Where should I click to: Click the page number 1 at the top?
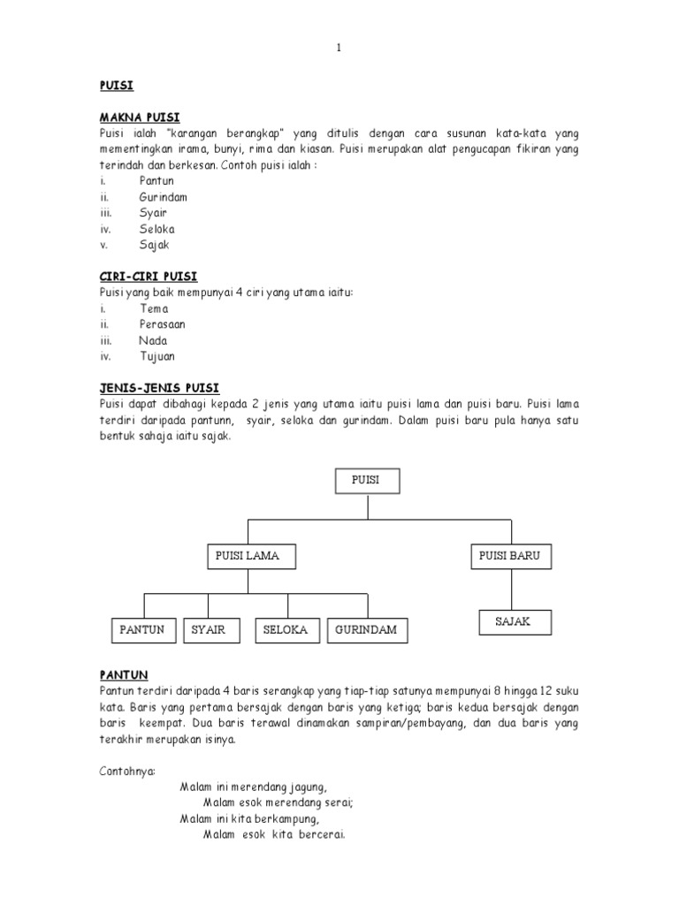point(338,48)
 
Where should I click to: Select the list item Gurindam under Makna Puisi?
point(163,197)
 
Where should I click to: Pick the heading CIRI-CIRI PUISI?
point(148,277)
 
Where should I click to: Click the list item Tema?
point(154,308)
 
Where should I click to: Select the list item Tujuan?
point(157,356)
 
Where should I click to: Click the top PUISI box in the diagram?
point(367,481)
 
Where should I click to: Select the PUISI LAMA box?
point(248,556)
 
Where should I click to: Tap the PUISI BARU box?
point(509,556)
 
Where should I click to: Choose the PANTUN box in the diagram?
point(143,630)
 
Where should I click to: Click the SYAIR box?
point(209,630)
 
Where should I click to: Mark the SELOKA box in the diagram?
point(286,630)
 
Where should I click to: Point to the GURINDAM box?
point(366,630)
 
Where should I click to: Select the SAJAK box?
point(514,622)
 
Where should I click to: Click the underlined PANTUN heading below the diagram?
point(124,674)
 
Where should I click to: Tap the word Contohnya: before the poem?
point(127,770)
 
